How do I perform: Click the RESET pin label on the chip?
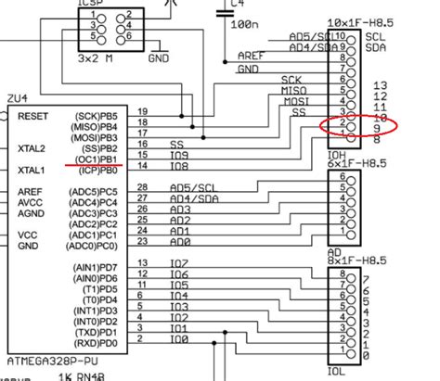click(x=33, y=116)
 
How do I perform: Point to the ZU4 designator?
click(x=17, y=96)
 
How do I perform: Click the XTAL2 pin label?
click(x=32, y=146)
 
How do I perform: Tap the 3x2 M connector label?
click(x=97, y=57)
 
